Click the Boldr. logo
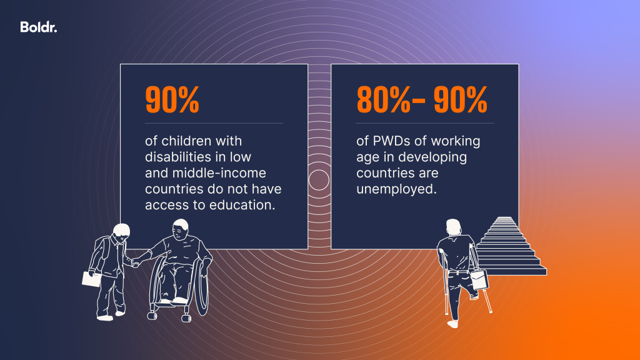point(38,27)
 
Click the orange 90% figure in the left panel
point(172,99)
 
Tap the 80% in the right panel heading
point(382,99)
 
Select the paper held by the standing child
point(92,279)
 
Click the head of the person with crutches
point(454,227)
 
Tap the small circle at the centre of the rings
point(319,179)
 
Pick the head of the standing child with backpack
point(117,231)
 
